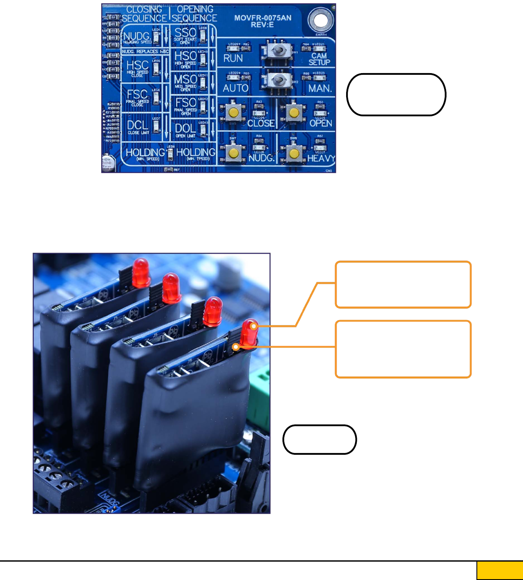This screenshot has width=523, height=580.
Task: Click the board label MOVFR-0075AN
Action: (263, 18)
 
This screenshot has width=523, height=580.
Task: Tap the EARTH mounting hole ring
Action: (321, 20)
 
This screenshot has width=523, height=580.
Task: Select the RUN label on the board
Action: (233, 58)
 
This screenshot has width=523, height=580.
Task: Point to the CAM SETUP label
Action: (319, 59)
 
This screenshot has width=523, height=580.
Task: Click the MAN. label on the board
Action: (320, 88)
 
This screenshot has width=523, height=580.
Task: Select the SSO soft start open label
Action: (185, 34)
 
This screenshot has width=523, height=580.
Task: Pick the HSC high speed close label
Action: (138, 67)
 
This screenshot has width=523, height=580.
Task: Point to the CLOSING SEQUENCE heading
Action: (144, 14)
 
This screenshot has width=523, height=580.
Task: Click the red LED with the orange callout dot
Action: (249, 332)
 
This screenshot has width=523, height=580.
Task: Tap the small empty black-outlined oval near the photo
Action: (320, 439)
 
